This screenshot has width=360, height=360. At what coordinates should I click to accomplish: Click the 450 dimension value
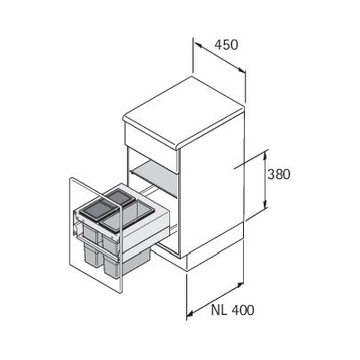pyautogui.click(x=226, y=45)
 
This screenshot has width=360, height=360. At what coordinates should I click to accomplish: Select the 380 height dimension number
pyautogui.click(x=279, y=175)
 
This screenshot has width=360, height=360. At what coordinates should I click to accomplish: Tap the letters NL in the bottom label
pyautogui.click(x=219, y=310)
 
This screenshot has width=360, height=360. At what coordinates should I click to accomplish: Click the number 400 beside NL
pyautogui.click(x=242, y=310)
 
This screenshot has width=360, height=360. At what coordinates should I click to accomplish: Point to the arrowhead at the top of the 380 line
pyautogui.click(x=265, y=154)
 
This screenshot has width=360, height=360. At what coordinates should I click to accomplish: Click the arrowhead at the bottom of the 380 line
pyautogui.click(x=265, y=204)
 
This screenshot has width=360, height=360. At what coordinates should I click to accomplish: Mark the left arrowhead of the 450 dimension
pyautogui.click(x=198, y=45)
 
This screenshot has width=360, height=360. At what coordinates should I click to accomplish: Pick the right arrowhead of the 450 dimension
pyautogui.click(x=241, y=70)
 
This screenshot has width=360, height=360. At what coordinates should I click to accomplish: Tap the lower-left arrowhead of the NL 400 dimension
pyautogui.click(x=190, y=314)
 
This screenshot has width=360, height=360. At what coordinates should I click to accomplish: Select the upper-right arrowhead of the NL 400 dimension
pyautogui.click(x=239, y=284)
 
